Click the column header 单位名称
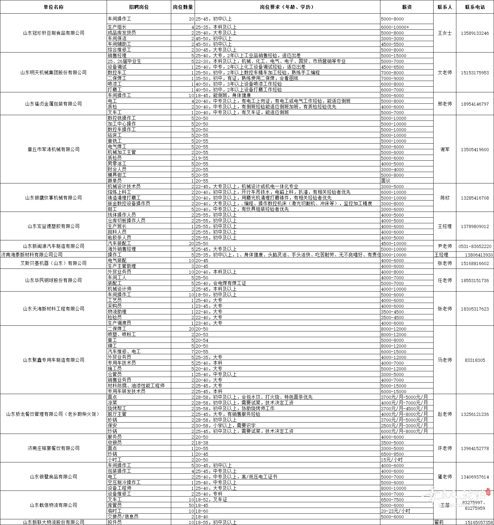[x=53, y=7]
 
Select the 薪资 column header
[x=407, y=7]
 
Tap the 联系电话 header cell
[x=475, y=7]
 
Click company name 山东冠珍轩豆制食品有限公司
[x=53, y=33]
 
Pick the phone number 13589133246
[x=475, y=33]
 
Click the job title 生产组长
[x=117, y=27]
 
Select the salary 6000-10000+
[x=395, y=27]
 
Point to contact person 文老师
[x=445, y=72]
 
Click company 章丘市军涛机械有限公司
[x=53, y=149]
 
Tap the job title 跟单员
[x=115, y=181]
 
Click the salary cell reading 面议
[x=386, y=181]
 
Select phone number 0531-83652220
[x=475, y=246]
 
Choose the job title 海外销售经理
[x=122, y=249]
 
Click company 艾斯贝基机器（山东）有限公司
[x=53, y=263]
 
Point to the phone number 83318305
[x=475, y=360]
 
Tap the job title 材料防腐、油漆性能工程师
[x=136, y=386]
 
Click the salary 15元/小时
[x=392, y=460]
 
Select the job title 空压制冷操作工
[x=124, y=482]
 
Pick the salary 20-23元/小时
[x=396, y=511]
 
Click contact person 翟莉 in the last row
[x=439, y=522]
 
